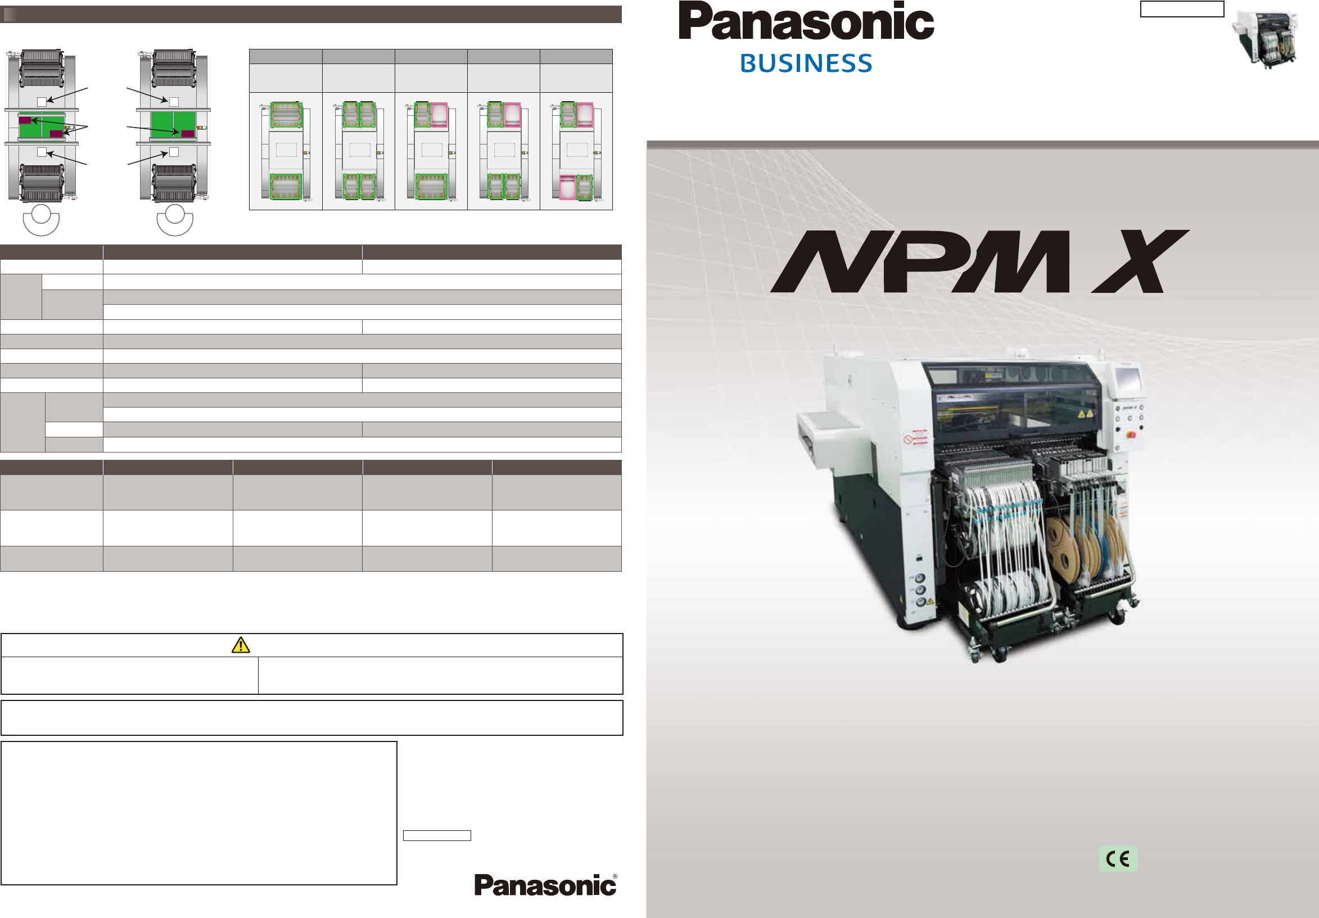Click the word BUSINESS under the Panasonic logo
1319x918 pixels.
click(806, 63)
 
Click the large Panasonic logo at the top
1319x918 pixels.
click(806, 22)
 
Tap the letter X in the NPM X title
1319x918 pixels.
click(1140, 261)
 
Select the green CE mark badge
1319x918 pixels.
click(1118, 859)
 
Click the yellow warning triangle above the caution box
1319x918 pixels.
click(240, 645)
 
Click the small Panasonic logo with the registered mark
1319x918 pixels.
click(545, 885)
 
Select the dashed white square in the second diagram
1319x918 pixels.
click(174, 102)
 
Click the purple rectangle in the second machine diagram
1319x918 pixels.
click(188, 134)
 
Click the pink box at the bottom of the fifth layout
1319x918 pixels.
click(567, 187)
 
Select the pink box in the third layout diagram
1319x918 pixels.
click(440, 114)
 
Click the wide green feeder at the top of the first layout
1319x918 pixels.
click(286, 114)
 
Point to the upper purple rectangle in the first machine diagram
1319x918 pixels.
click(25, 120)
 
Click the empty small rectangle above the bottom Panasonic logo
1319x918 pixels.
click(437, 835)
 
